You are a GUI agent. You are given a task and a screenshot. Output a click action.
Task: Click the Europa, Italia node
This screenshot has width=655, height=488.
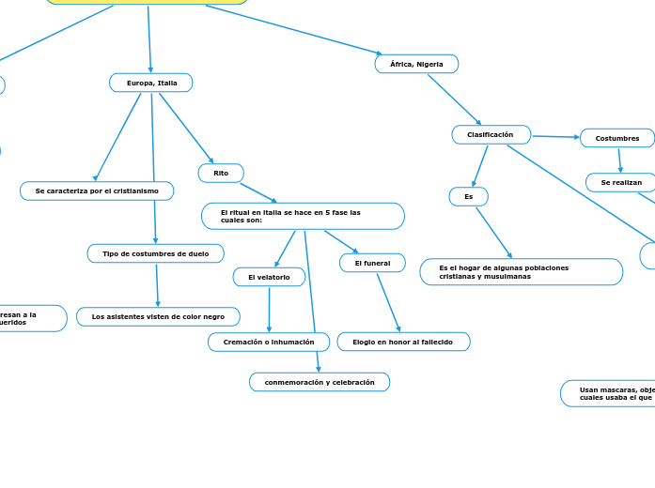(x=151, y=83)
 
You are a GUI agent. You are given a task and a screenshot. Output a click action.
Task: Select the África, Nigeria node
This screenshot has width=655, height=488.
(x=416, y=64)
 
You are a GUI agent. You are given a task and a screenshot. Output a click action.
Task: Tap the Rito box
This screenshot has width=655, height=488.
(x=221, y=173)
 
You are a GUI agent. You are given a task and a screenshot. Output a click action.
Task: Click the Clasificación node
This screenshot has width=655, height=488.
(x=491, y=134)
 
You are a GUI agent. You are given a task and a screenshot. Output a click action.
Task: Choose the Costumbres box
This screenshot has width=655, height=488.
(x=617, y=138)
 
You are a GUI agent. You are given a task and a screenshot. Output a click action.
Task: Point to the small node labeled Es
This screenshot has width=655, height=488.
(x=469, y=196)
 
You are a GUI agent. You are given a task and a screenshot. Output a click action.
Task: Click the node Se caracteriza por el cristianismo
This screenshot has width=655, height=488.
(x=97, y=191)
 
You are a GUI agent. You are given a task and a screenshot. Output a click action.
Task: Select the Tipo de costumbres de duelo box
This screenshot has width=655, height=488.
(x=156, y=253)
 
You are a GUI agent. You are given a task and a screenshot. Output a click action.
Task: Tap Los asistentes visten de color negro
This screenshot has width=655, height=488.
(x=158, y=316)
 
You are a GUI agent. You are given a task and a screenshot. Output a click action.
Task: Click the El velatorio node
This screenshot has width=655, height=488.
(x=269, y=277)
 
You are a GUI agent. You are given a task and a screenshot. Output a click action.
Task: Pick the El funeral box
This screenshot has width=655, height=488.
(x=372, y=263)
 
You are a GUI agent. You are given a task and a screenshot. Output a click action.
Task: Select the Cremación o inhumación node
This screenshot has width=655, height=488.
(x=269, y=342)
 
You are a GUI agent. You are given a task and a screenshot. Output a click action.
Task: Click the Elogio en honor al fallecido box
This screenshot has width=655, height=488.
(x=403, y=342)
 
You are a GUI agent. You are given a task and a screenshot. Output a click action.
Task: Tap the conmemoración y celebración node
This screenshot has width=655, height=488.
(x=320, y=382)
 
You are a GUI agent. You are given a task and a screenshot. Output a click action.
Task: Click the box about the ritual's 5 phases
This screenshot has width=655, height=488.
(x=303, y=216)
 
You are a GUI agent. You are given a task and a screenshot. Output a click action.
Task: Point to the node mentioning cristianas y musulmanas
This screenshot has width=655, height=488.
(x=521, y=272)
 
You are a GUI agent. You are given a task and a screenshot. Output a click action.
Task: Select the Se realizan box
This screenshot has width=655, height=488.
(x=621, y=182)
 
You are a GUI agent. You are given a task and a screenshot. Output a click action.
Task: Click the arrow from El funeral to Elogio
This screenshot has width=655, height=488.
(x=388, y=301)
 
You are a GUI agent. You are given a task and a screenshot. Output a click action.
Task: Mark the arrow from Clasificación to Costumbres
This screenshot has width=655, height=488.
(x=555, y=137)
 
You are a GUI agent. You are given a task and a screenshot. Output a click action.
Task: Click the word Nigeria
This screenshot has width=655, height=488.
(x=429, y=64)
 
